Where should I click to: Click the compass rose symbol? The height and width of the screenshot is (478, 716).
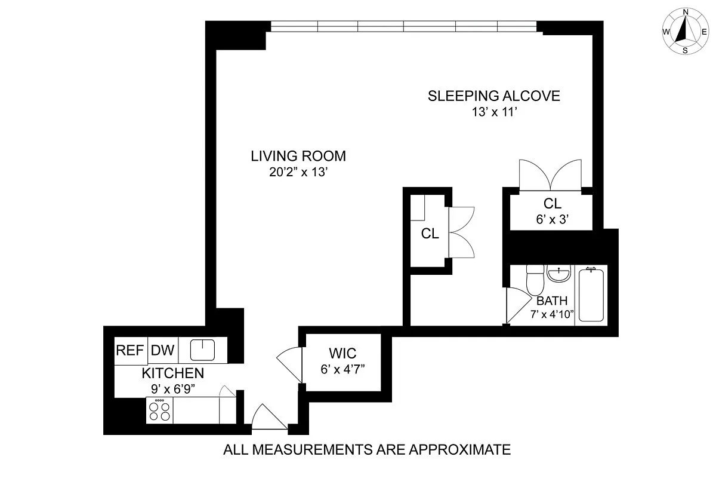click(x=685, y=31)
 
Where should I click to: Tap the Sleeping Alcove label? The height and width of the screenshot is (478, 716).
click(x=494, y=96)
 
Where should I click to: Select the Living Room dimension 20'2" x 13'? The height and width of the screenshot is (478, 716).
click(x=298, y=172)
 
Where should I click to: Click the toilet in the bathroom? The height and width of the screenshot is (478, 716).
click(x=534, y=278)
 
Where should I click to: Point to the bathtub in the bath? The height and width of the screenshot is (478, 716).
click(x=592, y=295)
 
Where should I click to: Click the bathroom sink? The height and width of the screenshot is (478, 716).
click(x=559, y=275)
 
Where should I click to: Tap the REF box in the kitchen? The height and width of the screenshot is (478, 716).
click(x=130, y=351)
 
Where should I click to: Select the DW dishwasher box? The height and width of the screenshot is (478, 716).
click(x=162, y=351)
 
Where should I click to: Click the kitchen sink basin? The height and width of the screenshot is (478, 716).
click(x=202, y=350)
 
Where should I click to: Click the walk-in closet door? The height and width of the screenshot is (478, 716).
click(x=290, y=362)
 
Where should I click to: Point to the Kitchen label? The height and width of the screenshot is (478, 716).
click(x=172, y=374)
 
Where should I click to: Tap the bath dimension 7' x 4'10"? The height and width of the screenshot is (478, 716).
click(x=552, y=314)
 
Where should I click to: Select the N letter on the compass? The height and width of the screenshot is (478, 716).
click(x=686, y=12)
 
